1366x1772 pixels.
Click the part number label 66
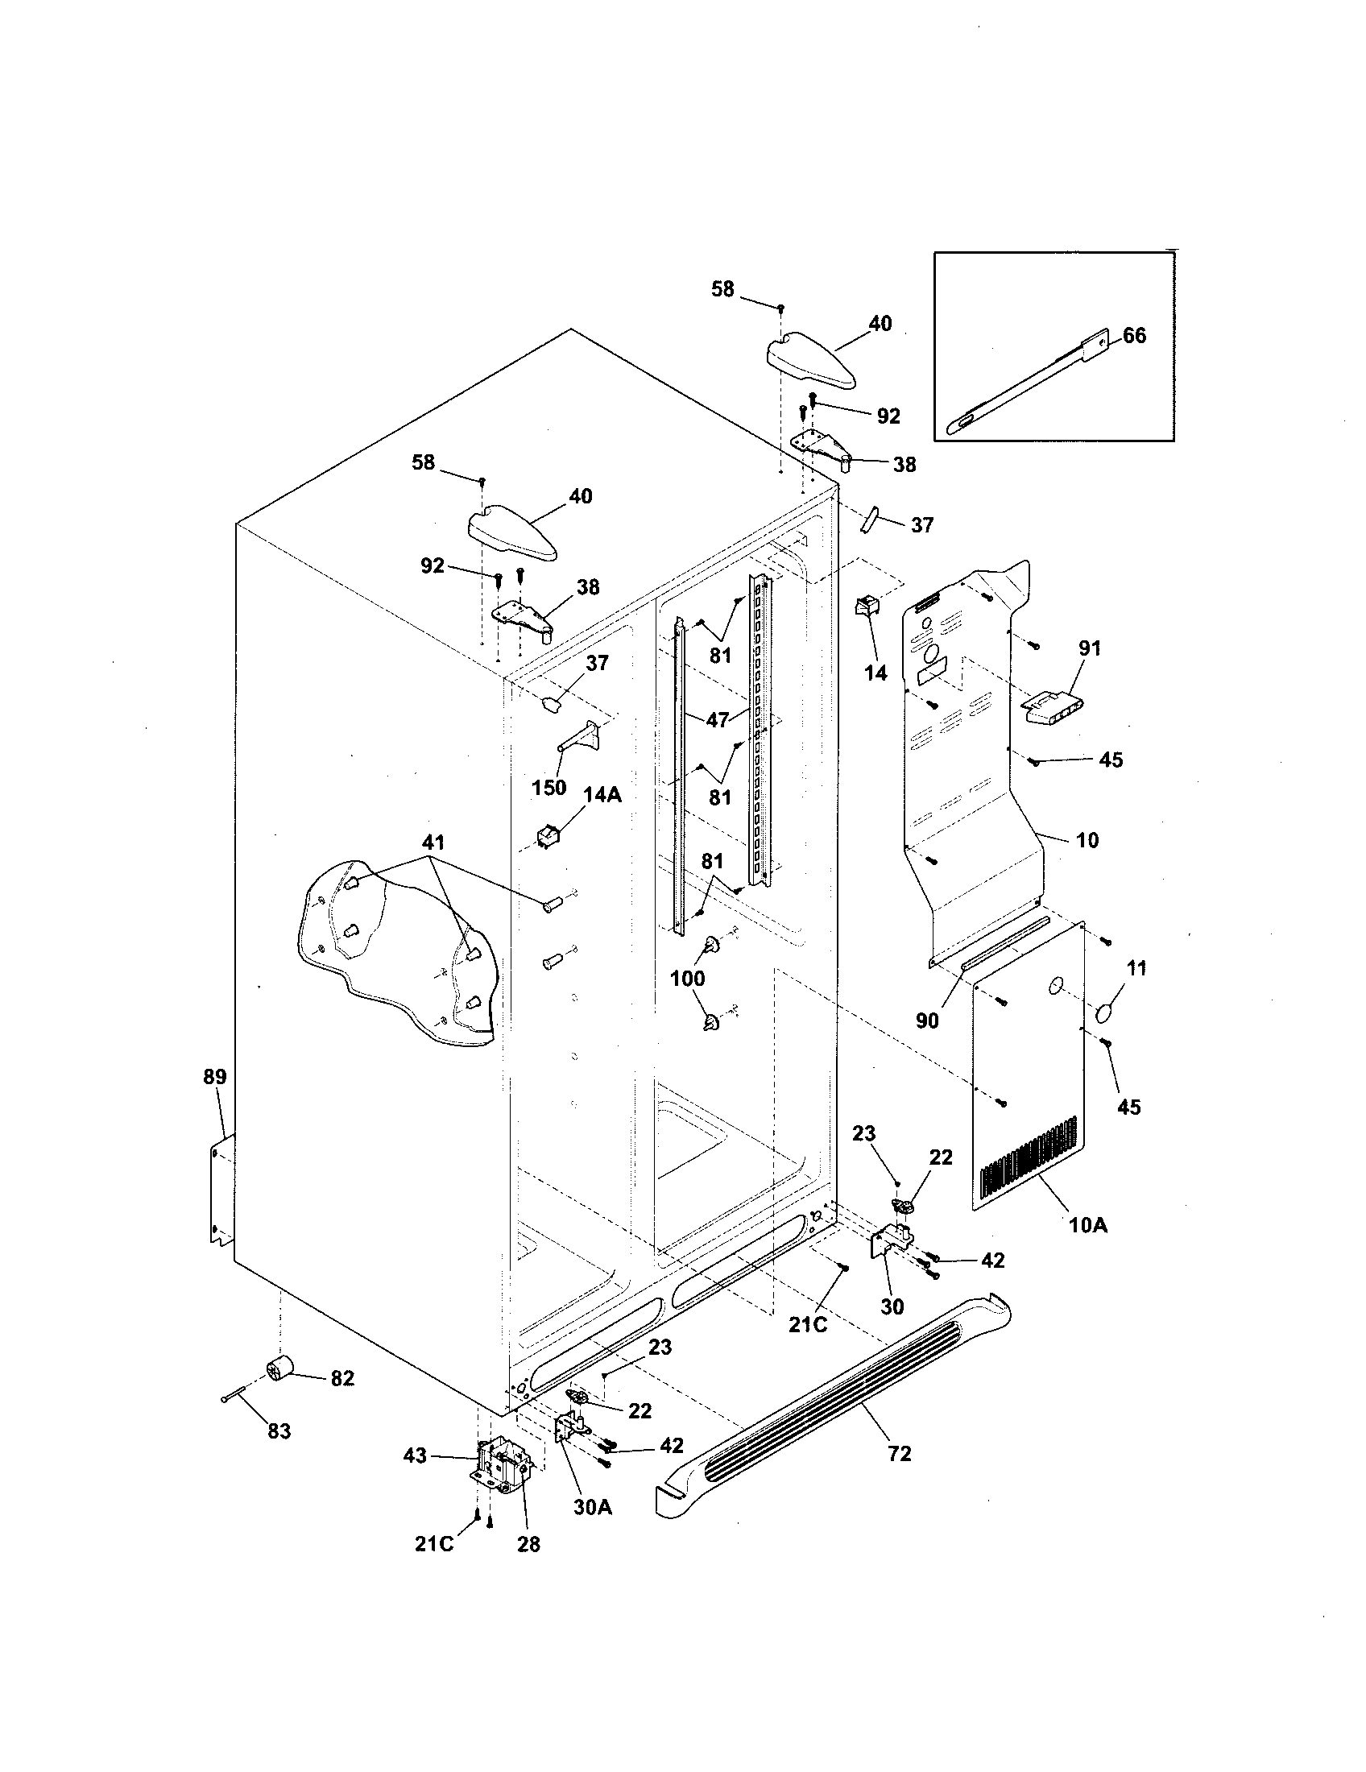click(1134, 336)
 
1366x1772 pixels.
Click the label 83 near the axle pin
click(279, 1431)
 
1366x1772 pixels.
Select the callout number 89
click(215, 1078)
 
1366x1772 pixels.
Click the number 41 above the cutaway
click(433, 843)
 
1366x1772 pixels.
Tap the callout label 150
click(548, 788)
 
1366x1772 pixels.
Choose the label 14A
click(602, 795)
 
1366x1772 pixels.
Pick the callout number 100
click(687, 979)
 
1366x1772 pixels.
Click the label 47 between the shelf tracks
click(717, 718)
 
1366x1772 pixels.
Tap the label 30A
click(593, 1508)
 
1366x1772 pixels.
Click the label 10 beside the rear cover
click(1087, 840)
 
